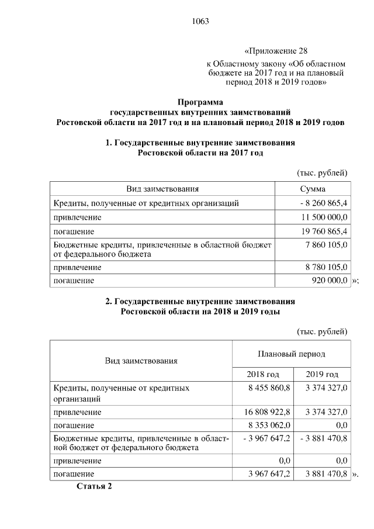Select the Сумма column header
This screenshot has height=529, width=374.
313,189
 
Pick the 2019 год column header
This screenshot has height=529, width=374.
323,374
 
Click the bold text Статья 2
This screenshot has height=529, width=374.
93,486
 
